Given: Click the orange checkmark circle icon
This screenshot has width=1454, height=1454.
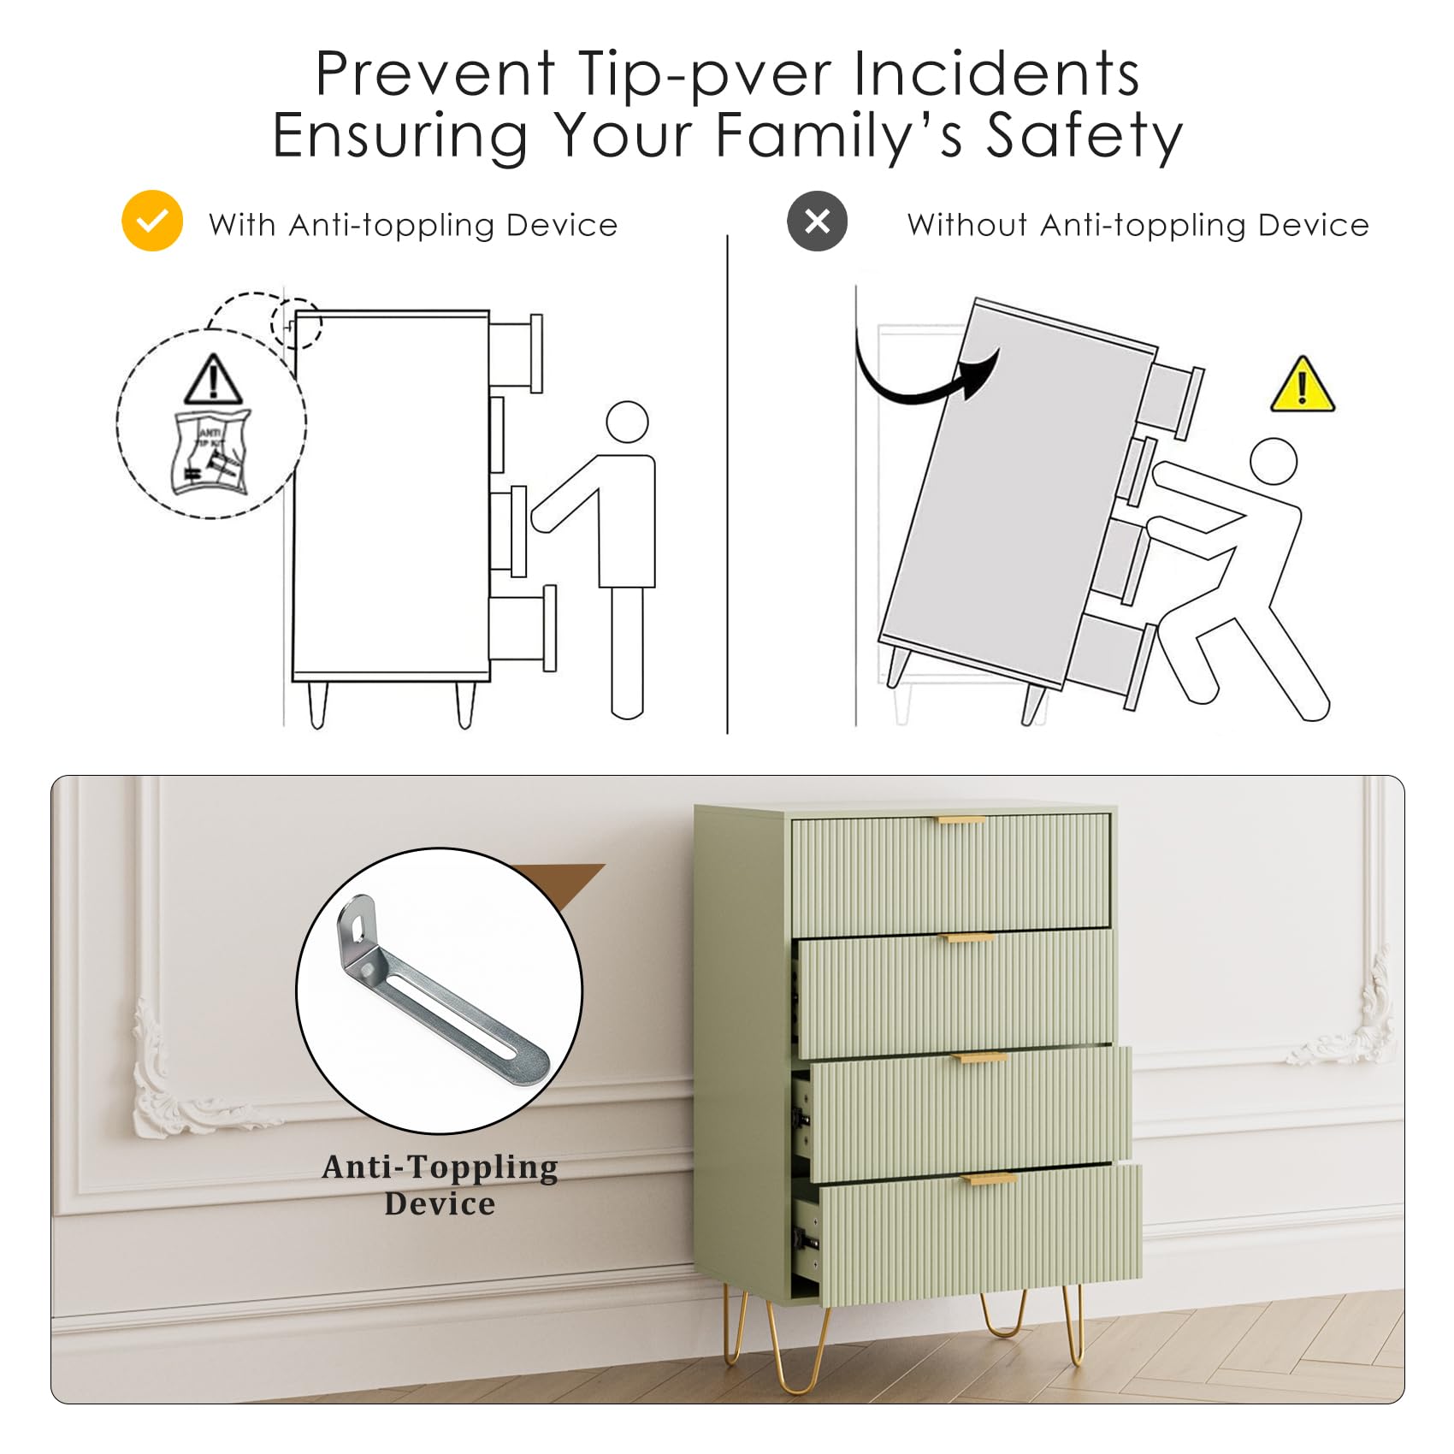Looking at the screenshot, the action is pos(152,221).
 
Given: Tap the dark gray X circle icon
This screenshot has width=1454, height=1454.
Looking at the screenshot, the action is pos(817,221).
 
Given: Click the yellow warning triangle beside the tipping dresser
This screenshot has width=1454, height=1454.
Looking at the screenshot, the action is pos(1302,385).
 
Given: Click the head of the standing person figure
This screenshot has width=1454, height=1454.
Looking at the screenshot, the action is pos(628,422).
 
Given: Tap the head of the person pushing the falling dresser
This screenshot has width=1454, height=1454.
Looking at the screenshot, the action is pos(1273,462).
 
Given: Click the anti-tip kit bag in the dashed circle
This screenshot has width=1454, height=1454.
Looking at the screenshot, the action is pos(212,452).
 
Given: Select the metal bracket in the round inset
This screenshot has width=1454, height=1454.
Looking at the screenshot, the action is pos(440,990).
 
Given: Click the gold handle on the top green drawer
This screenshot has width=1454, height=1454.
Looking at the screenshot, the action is pos(961,821).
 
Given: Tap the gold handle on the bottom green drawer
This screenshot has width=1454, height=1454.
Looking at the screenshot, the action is pos(989,1179).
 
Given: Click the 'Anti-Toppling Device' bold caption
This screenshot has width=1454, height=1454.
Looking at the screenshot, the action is pos(440,1185).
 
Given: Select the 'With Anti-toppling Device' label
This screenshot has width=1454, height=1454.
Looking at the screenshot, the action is pos(413,225).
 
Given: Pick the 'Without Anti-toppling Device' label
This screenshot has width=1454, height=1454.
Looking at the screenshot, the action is pos(1138,225).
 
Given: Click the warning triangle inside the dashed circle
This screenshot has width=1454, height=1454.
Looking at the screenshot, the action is pos(213,379).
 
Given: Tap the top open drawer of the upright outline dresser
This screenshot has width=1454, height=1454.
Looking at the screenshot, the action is pos(516,353).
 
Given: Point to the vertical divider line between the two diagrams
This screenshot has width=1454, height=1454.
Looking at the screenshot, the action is pos(728,484).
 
